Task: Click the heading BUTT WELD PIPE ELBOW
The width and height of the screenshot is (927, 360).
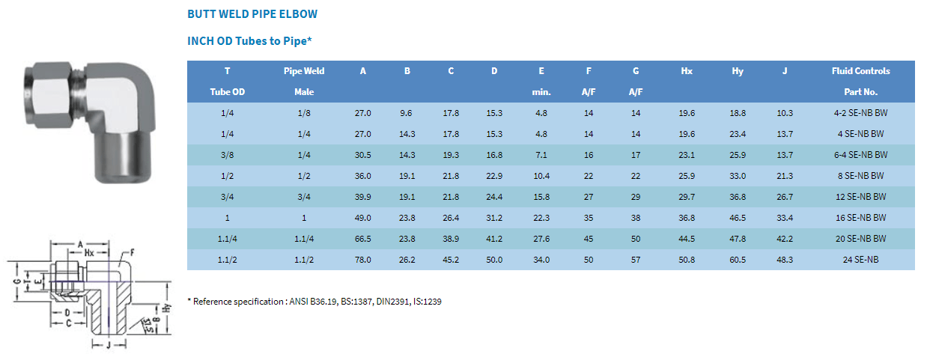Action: click(x=252, y=14)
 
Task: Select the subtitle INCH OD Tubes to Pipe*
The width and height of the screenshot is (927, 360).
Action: click(x=249, y=41)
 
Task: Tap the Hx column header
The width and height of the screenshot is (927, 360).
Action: click(x=687, y=71)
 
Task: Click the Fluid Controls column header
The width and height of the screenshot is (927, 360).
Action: click(x=861, y=71)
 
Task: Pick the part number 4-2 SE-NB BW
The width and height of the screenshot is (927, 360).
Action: click(x=861, y=113)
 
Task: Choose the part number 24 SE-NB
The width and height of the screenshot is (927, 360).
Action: click(x=861, y=260)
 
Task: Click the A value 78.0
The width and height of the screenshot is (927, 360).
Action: click(x=363, y=260)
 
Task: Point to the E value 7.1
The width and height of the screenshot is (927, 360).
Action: click(x=541, y=155)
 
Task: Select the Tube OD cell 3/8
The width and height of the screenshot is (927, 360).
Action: click(x=227, y=155)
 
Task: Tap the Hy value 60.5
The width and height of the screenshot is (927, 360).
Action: click(x=738, y=260)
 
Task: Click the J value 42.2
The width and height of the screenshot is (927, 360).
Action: click(x=785, y=239)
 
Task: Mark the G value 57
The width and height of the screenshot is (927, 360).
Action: click(x=636, y=260)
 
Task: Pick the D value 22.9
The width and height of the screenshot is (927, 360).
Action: click(x=494, y=176)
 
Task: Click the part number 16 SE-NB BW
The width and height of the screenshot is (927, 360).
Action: click(x=861, y=218)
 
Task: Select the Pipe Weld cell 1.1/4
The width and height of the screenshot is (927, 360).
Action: click(x=304, y=239)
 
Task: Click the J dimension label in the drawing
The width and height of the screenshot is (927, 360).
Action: click(x=109, y=345)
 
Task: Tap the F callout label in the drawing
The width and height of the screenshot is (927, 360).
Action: click(x=132, y=252)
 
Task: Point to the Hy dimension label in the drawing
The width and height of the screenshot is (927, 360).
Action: click(x=167, y=308)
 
